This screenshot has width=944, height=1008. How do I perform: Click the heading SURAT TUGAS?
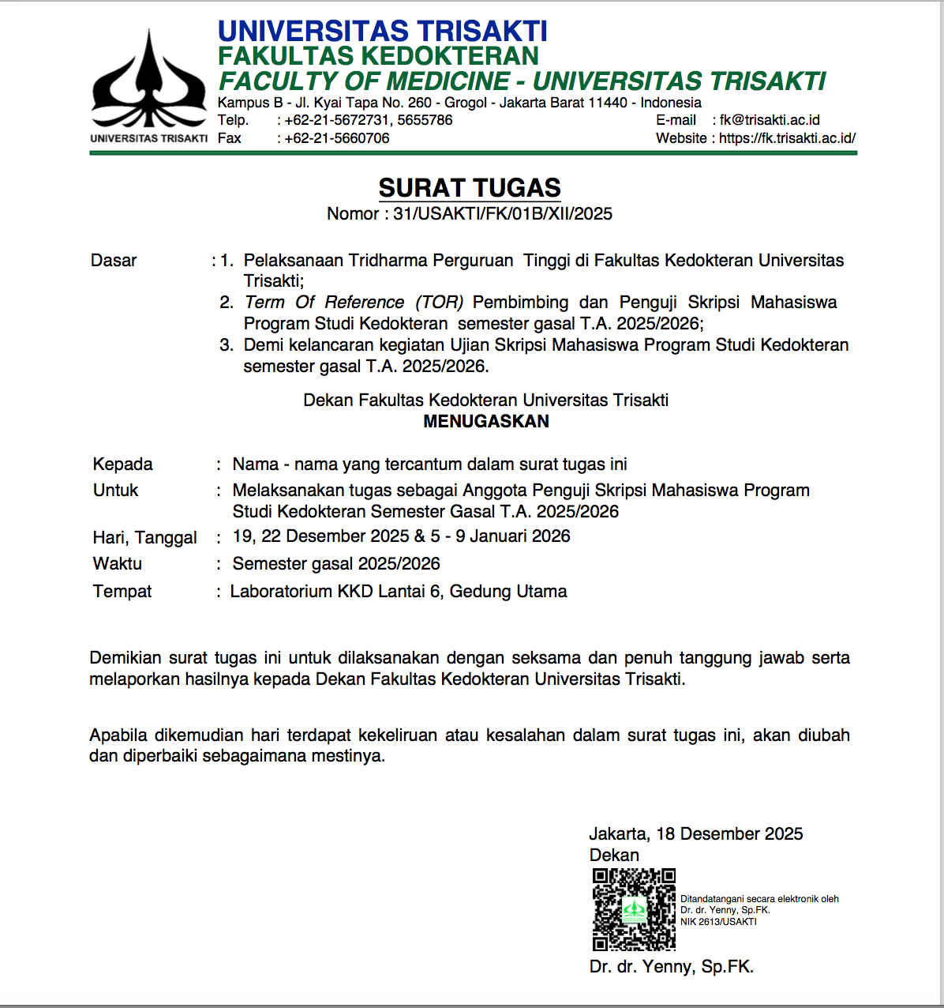pyautogui.click(x=470, y=188)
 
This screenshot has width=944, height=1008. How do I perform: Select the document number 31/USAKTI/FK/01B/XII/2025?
pyautogui.click(x=503, y=214)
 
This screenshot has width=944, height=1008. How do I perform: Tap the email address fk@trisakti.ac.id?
pyautogui.click(x=770, y=120)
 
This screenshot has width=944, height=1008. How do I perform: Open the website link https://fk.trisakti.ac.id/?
pyautogui.click(x=787, y=138)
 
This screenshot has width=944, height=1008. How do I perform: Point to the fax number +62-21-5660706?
pyautogui.click(x=337, y=138)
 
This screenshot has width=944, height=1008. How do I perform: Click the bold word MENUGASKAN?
pyautogui.click(x=486, y=422)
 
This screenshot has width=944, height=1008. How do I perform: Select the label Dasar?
pyautogui.click(x=114, y=261)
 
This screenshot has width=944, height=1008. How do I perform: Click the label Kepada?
pyautogui.click(x=122, y=465)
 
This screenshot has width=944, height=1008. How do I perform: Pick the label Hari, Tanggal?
pyautogui.click(x=144, y=538)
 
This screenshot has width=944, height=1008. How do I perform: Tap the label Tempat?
pyautogui.click(x=122, y=592)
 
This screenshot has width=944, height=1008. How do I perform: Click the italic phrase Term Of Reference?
pyautogui.click(x=324, y=303)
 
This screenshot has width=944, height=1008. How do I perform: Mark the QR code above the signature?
pyautogui.click(x=634, y=909)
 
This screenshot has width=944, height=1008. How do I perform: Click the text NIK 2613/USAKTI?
pyautogui.click(x=718, y=922)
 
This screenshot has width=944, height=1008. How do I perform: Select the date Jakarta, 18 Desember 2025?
pyautogui.click(x=695, y=834)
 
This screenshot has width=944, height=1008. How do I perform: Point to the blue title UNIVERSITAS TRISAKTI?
pyautogui.click(x=382, y=32)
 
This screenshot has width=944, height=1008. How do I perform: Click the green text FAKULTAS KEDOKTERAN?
pyautogui.click(x=378, y=56)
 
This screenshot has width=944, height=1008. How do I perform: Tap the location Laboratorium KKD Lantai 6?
pyautogui.click(x=336, y=592)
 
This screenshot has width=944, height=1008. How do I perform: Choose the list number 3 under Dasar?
pyautogui.click(x=227, y=345)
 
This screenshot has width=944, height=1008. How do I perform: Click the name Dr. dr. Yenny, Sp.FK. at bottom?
pyautogui.click(x=671, y=967)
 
